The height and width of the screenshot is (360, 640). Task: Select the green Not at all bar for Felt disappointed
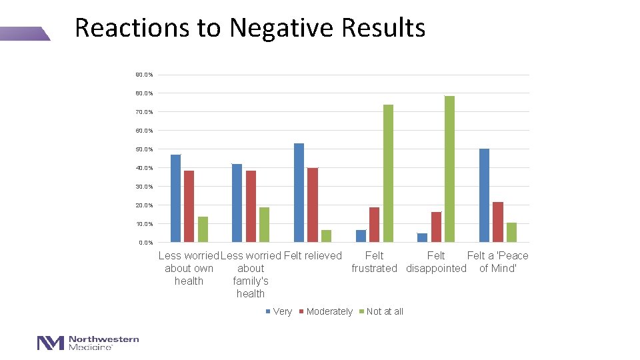click(x=449, y=169)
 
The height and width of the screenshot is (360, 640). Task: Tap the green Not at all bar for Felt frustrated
click(x=388, y=173)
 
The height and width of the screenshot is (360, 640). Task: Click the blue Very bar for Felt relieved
click(x=299, y=193)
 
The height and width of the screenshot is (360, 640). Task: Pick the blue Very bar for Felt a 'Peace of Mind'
click(x=484, y=195)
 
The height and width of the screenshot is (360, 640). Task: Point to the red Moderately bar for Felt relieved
click(x=312, y=205)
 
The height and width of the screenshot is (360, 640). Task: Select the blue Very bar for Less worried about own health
click(x=175, y=198)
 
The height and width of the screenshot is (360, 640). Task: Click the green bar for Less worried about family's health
click(x=264, y=225)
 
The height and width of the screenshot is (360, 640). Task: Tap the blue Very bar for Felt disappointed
click(x=422, y=237)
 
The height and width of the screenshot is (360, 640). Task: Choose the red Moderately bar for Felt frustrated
click(x=374, y=225)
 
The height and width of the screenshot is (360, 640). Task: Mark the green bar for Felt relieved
click(x=326, y=236)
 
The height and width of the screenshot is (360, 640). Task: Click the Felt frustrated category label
click(x=374, y=262)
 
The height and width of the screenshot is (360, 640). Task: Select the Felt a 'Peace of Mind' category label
click(x=497, y=262)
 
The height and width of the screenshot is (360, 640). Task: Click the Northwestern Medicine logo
click(x=88, y=343)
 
